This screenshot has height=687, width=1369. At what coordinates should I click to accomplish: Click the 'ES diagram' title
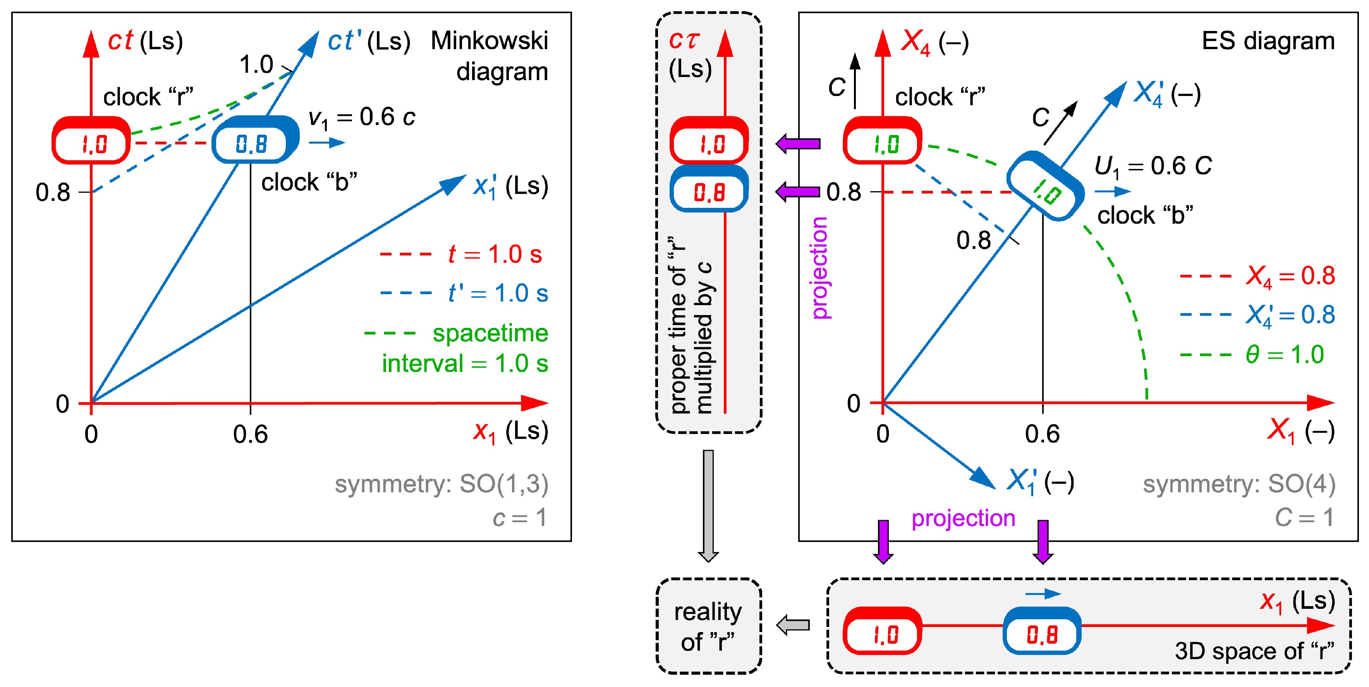pyautogui.click(x=1268, y=41)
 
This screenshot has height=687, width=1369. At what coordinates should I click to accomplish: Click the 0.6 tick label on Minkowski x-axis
pyautogui.click(x=250, y=435)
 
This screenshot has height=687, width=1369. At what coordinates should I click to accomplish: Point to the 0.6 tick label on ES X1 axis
pyautogui.click(x=1042, y=435)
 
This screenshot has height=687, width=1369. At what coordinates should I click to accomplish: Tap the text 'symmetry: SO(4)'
pyautogui.click(x=1239, y=484)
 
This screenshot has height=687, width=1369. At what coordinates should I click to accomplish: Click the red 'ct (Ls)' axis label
pyautogui.click(x=145, y=41)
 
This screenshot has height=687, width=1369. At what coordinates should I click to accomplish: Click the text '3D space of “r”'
pyautogui.click(x=1255, y=651)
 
